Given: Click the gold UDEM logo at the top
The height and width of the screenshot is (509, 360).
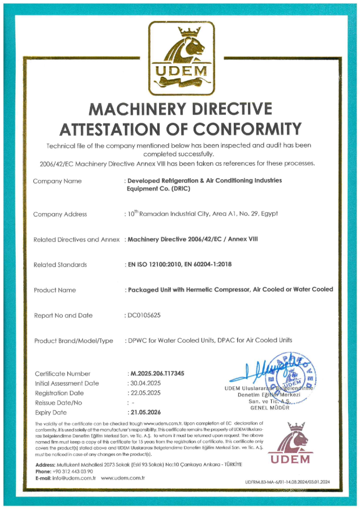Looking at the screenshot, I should (x=181, y=58).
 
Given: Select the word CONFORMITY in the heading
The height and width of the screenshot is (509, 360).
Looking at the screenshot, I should (x=245, y=128).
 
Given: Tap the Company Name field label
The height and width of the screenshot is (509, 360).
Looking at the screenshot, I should (x=58, y=181).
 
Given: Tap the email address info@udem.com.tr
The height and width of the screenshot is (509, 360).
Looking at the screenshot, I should (x=75, y=478).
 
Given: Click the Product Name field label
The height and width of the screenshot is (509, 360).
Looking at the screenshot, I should (x=55, y=290).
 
